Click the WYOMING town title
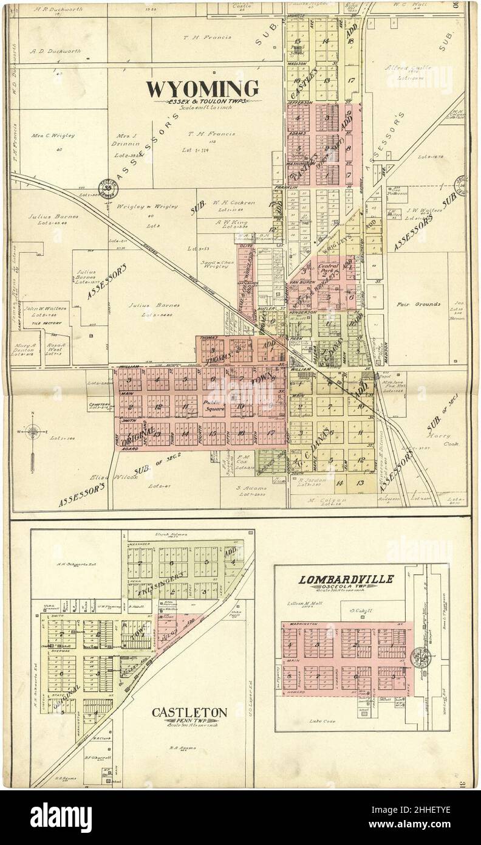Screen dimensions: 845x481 pyautogui.click(x=202, y=89)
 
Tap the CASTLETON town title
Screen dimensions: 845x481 pyautogui.click(x=189, y=712)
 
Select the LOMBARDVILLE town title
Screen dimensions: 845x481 pyautogui.click(x=347, y=579)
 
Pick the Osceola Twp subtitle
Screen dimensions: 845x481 pyautogui.click(x=347, y=587)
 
